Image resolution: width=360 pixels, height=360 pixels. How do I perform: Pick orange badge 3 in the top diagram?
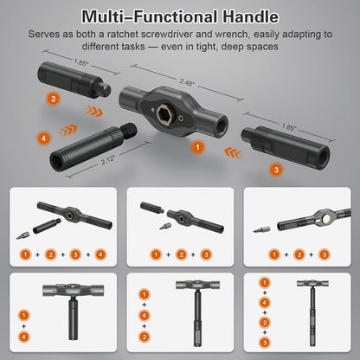point(275,170)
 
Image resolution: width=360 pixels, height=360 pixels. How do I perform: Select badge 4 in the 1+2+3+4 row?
point(100,255)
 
